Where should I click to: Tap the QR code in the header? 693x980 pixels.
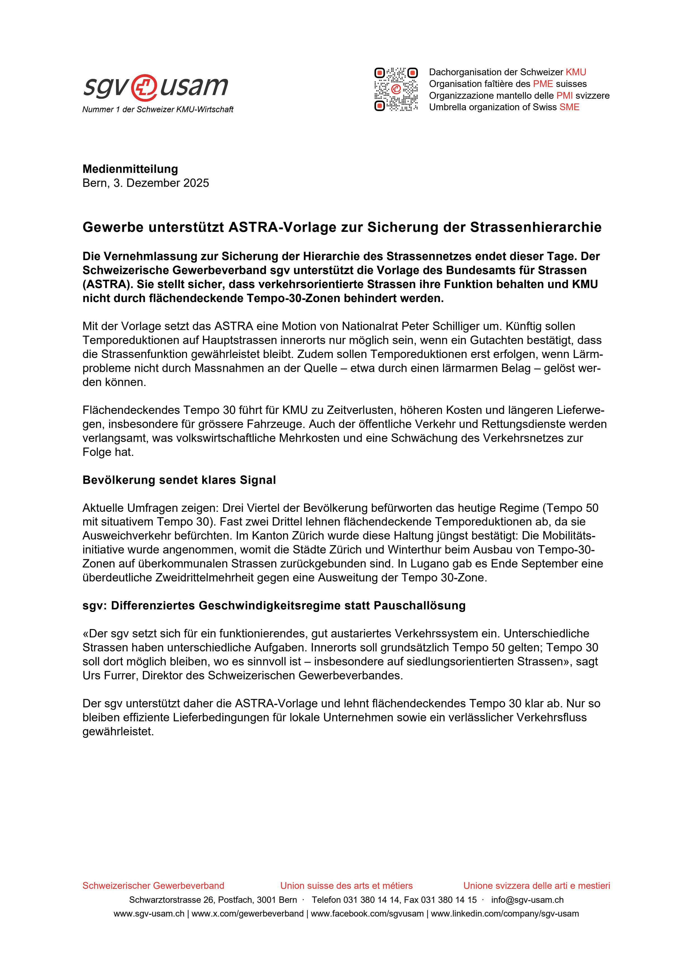tap(396, 89)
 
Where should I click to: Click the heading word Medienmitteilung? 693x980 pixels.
tap(130, 169)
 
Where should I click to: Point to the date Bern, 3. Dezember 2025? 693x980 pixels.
tap(146, 183)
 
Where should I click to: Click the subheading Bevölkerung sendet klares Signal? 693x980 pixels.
tap(179, 480)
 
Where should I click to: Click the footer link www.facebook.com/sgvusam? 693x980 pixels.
tap(367, 914)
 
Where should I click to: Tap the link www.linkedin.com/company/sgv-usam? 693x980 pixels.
tap(505, 914)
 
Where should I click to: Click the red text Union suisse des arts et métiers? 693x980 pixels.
tap(346, 886)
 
